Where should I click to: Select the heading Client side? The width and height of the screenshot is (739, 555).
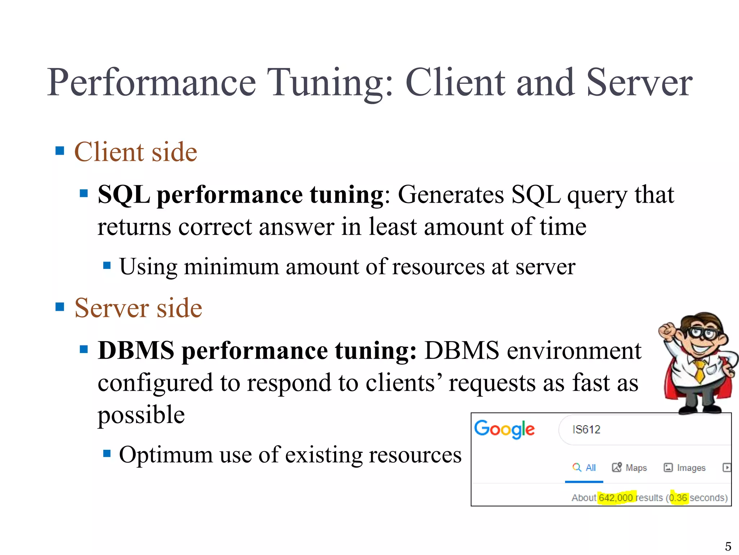pyautogui.click(x=136, y=152)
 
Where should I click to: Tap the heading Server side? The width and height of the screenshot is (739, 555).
pyautogui.click(x=138, y=308)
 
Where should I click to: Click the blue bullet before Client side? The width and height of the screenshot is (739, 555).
pyautogui.click(x=60, y=151)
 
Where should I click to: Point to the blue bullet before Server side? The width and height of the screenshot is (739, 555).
pyautogui.click(x=60, y=307)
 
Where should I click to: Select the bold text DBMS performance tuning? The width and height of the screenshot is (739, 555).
pyautogui.click(x=257, y=351)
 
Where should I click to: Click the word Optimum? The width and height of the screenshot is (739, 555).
pyautogui.click(x=166, y=455)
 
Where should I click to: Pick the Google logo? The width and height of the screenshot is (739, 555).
pyautogui.click(x=504, y=430)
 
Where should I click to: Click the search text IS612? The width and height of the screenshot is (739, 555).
pyautogui.click(x=586, y=430)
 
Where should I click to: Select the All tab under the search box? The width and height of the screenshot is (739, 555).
pyautogui.click(x=584, y=468)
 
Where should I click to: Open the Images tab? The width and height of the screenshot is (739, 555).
pyautogui.click(x=685, y=468)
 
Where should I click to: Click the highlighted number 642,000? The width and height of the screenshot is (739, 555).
pyautogui.click(x=616, y=498)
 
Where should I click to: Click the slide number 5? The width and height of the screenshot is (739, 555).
pyautogui.click(x=728, y=546)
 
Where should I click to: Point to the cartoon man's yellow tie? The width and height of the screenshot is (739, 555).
pyautogui.click(x=699, y=370)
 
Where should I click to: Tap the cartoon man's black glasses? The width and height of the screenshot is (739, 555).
pyautogui.click(x=702, y=333)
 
